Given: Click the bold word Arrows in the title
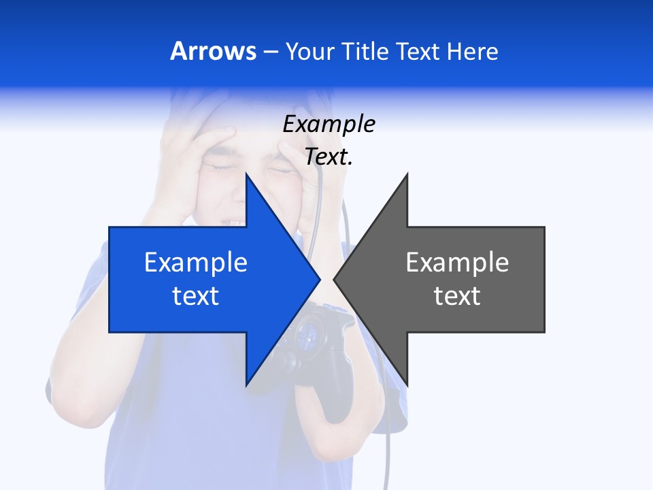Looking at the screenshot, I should (x=213, y=51).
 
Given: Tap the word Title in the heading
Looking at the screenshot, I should (x=368, y=51).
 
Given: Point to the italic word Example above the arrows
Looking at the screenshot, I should (x=329, y=125).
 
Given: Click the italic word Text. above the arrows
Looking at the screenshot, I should (x=329, y=157).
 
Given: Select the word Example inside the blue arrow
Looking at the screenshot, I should (x=195, y=263).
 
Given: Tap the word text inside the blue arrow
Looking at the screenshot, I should (x=195, y=296).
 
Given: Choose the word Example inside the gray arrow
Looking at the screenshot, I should (x=457, y=263).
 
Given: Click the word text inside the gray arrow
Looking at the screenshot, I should (x=457, y=296).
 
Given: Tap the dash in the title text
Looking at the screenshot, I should (x=270, y=52).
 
